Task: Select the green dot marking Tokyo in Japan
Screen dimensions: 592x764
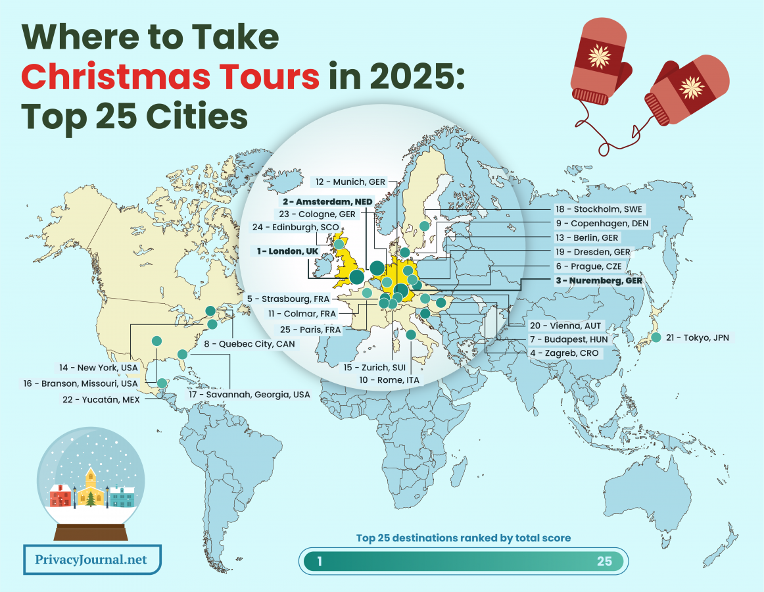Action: pyautogui.click(x=656, y=337)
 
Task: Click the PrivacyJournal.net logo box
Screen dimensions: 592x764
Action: pyautogui.click(x=92, y=560)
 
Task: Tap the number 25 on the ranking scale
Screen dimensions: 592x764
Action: pyautogui.click(x=604, y=561)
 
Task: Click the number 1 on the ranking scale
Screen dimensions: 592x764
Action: pyautogui.click(x=320, y=561)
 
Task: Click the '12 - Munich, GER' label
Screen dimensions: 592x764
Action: pyautogui.click(x=350, y=182)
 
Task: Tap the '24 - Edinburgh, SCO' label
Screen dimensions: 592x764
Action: pyautogui.click(x=295, y=227)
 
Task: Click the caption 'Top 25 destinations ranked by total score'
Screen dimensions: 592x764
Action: pyautogui.click(x=464, y=538)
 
